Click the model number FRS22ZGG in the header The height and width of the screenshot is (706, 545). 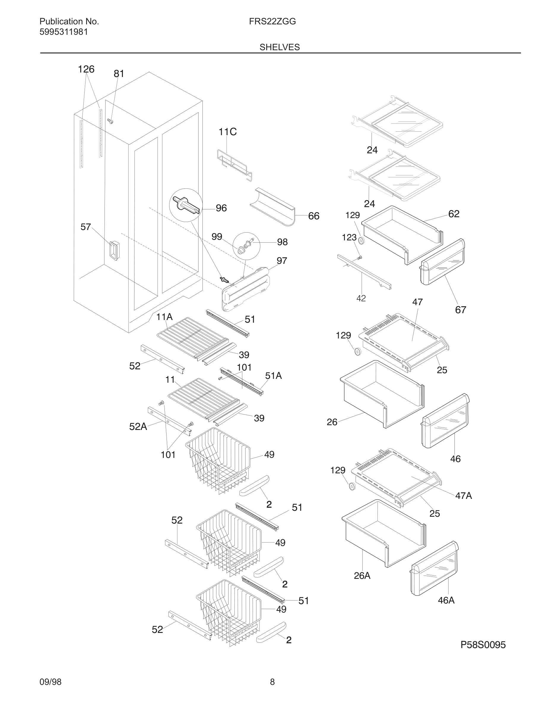(272, 22)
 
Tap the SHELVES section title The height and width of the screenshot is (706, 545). (280, 47)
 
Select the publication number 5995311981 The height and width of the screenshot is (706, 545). (64, 32)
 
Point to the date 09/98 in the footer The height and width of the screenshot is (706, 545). (50, 682)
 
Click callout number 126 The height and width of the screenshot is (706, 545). (86, 69)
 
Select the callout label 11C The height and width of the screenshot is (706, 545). (227, 132)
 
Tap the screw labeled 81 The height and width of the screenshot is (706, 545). (110, 121)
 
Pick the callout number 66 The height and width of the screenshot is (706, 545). (313, 216)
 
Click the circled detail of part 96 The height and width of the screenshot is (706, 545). (186, 205)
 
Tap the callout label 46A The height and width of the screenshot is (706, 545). (446, 600)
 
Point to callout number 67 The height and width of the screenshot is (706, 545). (460, 310)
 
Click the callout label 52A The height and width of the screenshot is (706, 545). (138, 427)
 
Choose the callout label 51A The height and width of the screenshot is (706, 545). (273, 376)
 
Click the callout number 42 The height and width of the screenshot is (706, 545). (361, 298)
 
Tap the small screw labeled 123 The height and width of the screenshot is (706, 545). (360, 257)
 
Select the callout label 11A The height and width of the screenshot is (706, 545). (164, 317)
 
